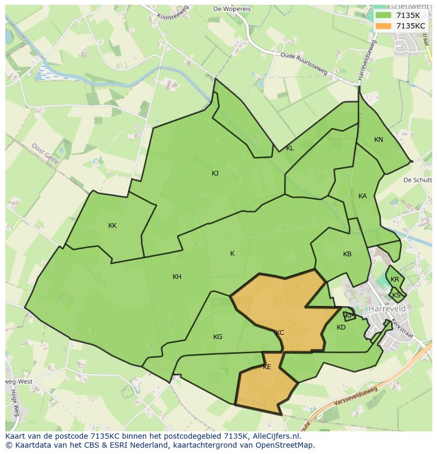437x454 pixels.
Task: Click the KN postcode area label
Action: pos(378,140)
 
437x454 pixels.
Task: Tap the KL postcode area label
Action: pos(290,148)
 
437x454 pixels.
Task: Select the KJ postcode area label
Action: pos(215,173)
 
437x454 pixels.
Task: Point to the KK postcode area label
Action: pos(112,226)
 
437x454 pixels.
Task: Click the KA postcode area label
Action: pos(363,196)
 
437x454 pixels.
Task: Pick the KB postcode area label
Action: pos(347,254)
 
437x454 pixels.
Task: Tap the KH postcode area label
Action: pos(177,277)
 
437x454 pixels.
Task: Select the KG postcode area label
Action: pos(217,337)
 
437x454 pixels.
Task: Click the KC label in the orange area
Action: pos(280,333)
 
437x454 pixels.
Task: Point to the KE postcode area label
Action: pos(267,367)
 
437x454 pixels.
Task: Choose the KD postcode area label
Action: pos(341,327)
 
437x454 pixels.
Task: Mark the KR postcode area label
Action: pos(395,279)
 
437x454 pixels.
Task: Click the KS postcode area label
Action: pos(396,295)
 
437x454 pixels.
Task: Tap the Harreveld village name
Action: pos(387,308)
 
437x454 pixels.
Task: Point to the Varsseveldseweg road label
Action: pos(356,397)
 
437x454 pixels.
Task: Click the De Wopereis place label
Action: pos(232,9)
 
